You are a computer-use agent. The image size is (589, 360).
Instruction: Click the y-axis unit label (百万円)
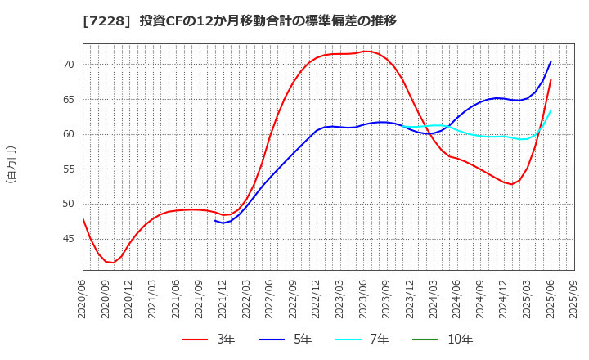[11, 164]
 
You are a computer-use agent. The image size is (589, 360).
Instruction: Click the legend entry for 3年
[210, 339]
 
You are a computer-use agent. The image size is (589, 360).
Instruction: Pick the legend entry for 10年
[461, 339]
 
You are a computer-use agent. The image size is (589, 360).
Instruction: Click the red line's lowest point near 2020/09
[113, 263]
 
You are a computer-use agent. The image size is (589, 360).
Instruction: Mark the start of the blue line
[215, 220]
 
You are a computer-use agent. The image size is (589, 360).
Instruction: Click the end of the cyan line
[551, 110]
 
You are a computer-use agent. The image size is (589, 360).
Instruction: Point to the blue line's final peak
[551, 61]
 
